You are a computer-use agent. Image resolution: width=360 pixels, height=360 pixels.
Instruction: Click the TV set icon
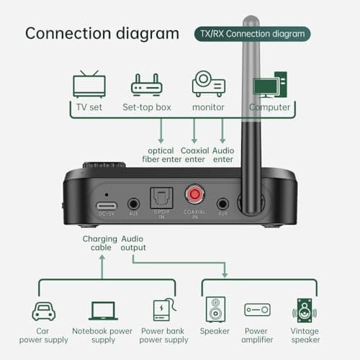89,86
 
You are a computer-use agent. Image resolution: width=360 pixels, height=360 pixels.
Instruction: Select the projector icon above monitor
208,84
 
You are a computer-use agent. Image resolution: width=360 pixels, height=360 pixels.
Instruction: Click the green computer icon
270,84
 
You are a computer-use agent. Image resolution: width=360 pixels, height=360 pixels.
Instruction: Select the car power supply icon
44,311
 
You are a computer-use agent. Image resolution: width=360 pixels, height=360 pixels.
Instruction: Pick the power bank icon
162,310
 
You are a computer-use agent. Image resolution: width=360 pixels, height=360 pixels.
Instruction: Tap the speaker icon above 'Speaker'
216,310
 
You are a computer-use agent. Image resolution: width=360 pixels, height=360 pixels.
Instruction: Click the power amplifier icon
257,310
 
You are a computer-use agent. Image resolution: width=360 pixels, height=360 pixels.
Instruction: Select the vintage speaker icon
305,310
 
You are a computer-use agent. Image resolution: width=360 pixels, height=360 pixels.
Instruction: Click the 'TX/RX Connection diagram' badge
253,33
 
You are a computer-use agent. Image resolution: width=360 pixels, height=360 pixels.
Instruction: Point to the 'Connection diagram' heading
102,33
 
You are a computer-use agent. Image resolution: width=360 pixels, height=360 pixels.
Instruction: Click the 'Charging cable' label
99,243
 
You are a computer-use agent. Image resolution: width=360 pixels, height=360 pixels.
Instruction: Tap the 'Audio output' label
134,243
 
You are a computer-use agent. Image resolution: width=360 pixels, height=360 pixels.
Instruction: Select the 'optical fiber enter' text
161,155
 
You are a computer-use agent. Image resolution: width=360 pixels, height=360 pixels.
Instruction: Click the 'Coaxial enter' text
194,155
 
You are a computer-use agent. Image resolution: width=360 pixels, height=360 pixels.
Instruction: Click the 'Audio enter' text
223,155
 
